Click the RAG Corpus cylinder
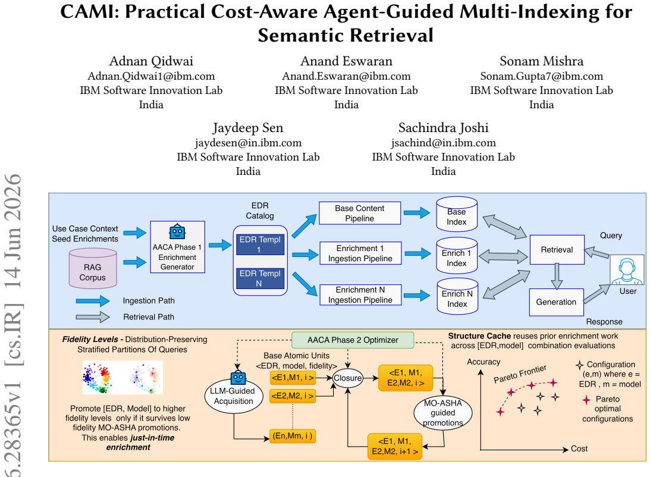tap(92, 268)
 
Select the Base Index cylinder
tap(457, 214)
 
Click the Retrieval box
tap(557, 249)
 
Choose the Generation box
tap(556, 302)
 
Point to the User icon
tap(627, 270)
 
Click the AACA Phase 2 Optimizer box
tap(353, 340)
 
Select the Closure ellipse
tap(348, 378)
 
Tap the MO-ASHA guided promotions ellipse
tap(442, 413)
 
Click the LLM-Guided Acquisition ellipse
tap(234, 396)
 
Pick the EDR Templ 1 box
tap(260, 244)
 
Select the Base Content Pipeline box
tap(360, 213)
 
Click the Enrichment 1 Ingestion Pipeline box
tap(360, 253)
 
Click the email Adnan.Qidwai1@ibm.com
tap(151, 76)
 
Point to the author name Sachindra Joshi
tap(444, 128)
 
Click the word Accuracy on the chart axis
tap(483, 362)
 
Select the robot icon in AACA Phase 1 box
tap(177, 232)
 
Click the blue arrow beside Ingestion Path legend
tap(93, 301)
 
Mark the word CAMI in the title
tap(90, 12)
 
